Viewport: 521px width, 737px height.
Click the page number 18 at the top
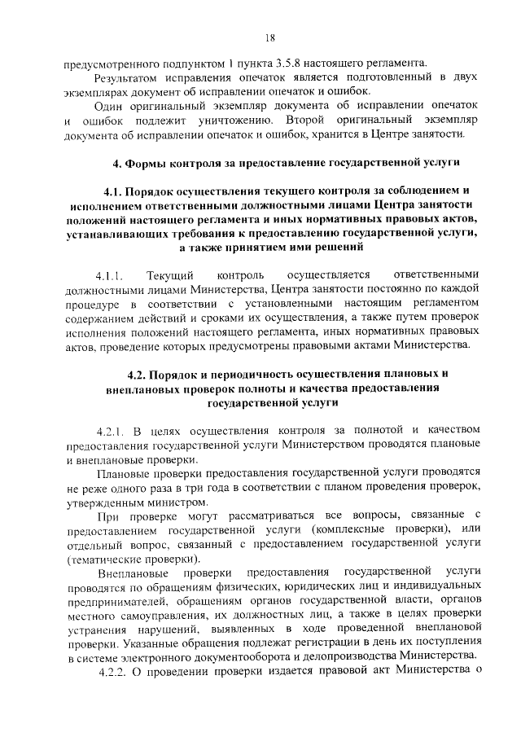269,37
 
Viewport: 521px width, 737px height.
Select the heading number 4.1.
115,191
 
